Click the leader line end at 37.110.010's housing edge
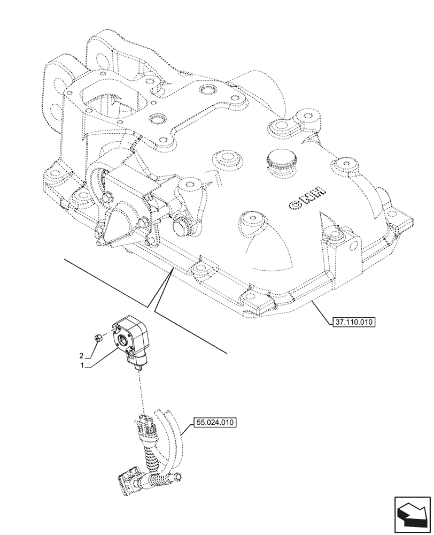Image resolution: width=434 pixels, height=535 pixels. (x=312, y=301)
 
